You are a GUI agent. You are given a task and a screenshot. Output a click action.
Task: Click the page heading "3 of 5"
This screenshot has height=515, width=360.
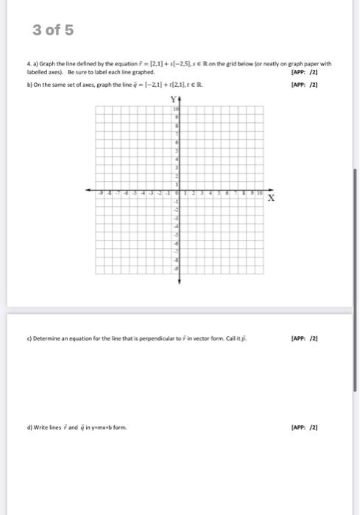coord(54,30)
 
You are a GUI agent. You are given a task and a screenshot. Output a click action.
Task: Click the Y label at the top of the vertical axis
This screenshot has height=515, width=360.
coord(174,99)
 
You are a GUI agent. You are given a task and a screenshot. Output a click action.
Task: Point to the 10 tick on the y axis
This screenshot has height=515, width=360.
coord(177,108)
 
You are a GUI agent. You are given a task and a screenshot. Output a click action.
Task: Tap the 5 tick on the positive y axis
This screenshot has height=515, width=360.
coord(177,150)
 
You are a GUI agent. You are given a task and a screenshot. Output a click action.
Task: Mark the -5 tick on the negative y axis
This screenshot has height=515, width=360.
coord(177,233)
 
